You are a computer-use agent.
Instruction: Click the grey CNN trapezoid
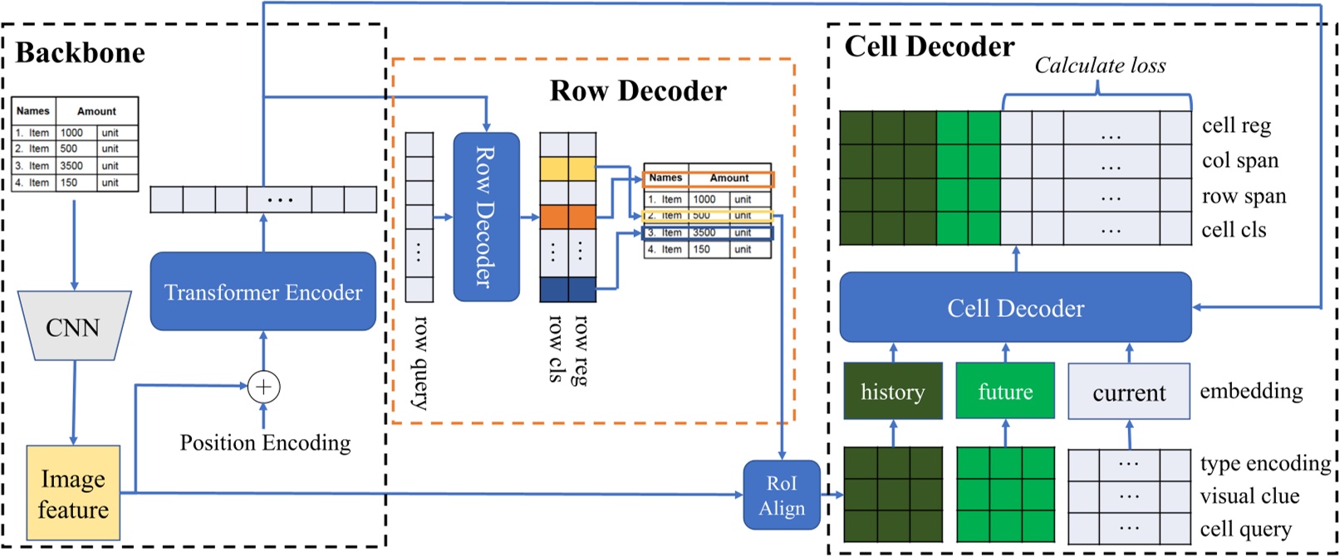(x=74, y=326)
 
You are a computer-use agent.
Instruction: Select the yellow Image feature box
(x=73, y=494)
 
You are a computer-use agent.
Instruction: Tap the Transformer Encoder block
(x=263, y=292)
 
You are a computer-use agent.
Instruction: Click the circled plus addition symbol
(x=263, y=387)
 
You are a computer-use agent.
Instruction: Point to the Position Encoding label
(x=265, y=443)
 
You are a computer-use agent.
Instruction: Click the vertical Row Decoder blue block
(x=485, y=217)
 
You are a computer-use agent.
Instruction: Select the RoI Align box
(x=781, y=495)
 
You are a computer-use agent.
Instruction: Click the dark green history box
(x=892, y=392)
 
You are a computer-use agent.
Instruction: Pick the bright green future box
(x=1005, y=392)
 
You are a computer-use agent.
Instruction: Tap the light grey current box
(x=1128, y=392)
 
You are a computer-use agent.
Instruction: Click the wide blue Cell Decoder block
(x=1015, y=308)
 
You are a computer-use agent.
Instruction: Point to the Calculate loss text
(x=1099, y=66)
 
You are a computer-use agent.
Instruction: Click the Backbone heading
(x=81, y=53)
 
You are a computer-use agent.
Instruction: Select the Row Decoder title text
(x=638, y=90)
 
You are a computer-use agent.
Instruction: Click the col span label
(x=1239, y=161)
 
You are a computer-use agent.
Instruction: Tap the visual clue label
(x=1249, y=496)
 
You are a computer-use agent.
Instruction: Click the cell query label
(x=1245, y=529)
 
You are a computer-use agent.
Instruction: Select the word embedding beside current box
(x=1250, y=391)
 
